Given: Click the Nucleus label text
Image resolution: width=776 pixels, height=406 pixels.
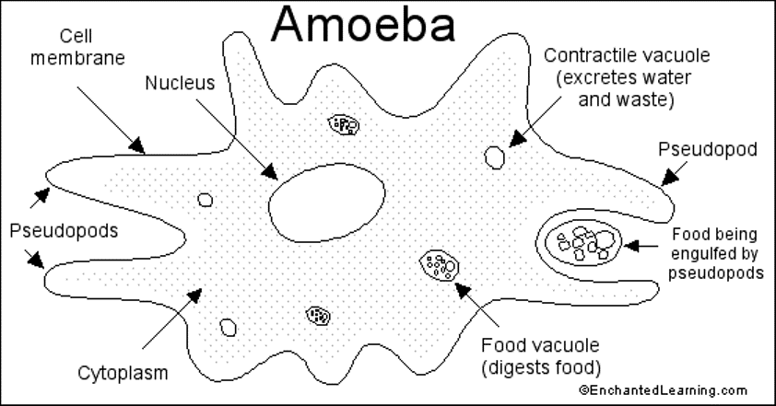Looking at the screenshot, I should (x=180, y=83).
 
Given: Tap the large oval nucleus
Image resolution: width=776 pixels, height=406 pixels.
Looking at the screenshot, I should (x=327, y=200).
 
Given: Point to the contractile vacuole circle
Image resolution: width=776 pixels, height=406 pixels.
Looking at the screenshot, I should (x=495, y=157).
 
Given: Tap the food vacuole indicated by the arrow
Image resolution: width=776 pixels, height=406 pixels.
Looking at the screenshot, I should (x=439, y=267).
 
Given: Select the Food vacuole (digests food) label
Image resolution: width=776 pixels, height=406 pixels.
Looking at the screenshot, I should (x=541, y=357).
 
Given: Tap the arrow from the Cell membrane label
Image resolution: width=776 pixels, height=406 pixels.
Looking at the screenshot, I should (x=111, y=117).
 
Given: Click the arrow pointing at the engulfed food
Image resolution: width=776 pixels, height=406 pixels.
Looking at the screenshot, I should (x=644, y=246).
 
